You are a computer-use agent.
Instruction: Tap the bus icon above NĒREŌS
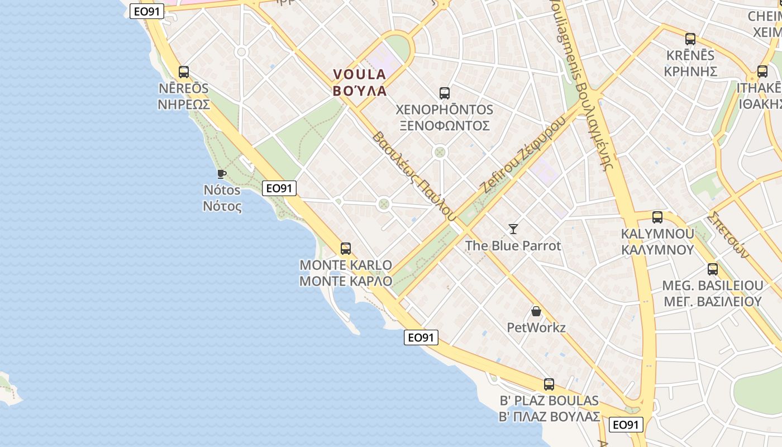(184, 72)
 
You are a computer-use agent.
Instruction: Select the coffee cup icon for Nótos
(222, 174)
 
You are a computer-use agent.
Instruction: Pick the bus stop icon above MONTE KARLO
(346, 249)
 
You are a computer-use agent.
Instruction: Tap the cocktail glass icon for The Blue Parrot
(513, 229)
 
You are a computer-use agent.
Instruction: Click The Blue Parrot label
(513, 245)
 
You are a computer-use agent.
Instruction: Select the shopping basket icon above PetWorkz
(536, 311)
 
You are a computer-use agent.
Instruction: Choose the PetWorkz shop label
(536, 327)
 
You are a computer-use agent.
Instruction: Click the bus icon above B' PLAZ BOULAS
(549, 384)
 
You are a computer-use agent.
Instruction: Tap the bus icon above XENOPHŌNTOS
(445, 93)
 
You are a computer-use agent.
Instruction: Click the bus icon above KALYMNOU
(657, 217)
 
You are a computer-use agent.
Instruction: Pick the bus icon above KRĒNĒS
(690, 39)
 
